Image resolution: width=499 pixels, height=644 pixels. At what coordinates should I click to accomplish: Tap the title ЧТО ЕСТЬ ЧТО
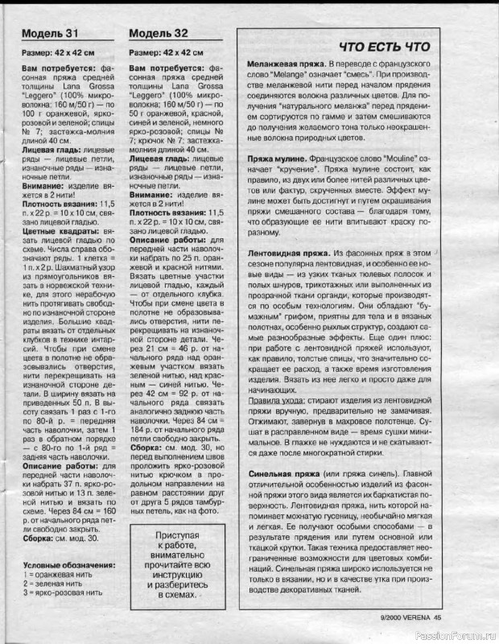(x=384, y=46)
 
